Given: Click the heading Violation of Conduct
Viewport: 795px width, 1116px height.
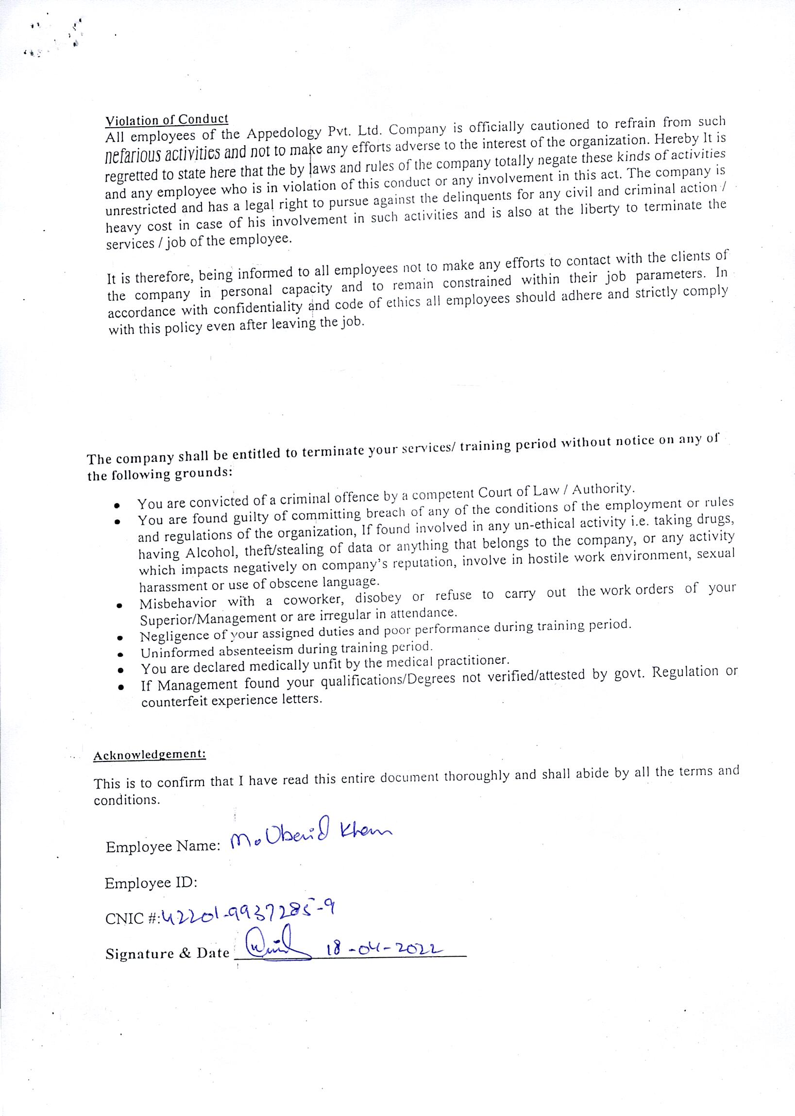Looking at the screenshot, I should [x=167, y=119].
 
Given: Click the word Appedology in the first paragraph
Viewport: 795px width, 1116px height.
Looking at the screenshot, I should [x=284, y=132].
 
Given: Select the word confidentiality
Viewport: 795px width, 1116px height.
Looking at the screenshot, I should [x=257, y=308].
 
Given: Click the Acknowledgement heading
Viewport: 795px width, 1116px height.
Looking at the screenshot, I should [x=149, y=754].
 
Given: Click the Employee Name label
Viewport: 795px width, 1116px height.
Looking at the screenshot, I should [x=163, y=847].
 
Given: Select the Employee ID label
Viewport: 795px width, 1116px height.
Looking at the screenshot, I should [x=151, y=883].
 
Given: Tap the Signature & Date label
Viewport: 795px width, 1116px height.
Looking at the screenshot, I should [x=168, y=953].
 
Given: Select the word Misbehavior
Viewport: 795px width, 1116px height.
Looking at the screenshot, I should [x=178, y=604].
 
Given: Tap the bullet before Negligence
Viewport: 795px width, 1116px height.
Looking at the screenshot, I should [x=119, y=638].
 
